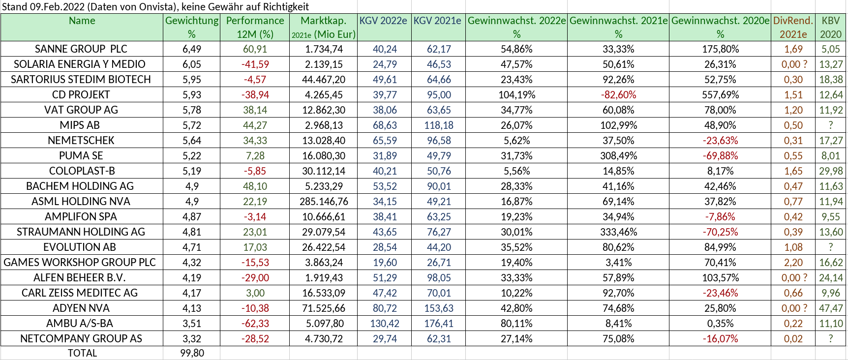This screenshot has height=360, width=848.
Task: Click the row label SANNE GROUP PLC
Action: point(81,49)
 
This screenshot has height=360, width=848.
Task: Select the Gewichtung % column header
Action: point(191,28)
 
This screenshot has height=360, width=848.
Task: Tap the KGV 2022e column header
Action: point(383,21)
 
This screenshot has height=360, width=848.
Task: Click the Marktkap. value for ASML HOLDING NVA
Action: point(324,202)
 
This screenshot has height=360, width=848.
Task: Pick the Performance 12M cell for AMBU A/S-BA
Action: point(255,324)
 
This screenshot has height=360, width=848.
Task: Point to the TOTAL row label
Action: point(82,353)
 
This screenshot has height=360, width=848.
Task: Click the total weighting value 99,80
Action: point(192,353)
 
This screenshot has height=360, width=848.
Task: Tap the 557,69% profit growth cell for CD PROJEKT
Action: point(720,95)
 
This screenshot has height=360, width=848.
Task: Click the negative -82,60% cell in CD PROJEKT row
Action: point(618,95)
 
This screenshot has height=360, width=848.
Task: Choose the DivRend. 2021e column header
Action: point(793,28)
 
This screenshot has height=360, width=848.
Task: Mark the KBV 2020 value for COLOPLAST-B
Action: point(831,171)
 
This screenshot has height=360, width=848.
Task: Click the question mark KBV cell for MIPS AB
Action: point(831,125)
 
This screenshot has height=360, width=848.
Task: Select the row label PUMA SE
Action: point(81,156)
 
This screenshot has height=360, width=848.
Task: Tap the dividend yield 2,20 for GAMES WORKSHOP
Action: point(793,263)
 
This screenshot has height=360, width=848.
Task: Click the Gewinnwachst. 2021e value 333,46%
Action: point(618,232)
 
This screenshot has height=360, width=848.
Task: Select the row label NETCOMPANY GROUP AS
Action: point(81,339)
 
